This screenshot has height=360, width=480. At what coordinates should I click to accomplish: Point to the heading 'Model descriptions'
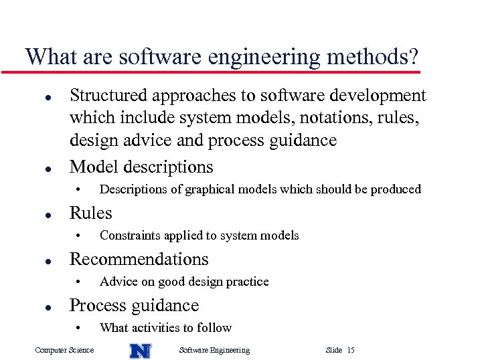coord(141,167)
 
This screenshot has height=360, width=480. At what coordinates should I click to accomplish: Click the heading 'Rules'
coord(91,213)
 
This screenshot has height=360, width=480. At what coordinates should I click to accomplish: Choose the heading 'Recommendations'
coord(139,259)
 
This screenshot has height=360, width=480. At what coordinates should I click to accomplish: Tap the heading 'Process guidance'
coord(134,305)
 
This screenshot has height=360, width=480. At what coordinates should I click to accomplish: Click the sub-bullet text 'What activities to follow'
coord(165,328)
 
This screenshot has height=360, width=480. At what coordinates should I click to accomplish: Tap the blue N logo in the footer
coord(140,350)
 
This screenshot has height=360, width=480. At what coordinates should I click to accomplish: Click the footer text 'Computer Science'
coord(64,350)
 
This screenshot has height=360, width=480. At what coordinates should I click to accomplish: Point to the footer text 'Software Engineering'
coord(215,350)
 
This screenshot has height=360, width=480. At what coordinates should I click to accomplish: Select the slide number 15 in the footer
coord(351,350)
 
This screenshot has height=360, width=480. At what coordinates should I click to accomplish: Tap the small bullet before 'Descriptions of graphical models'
coord(78,189)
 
